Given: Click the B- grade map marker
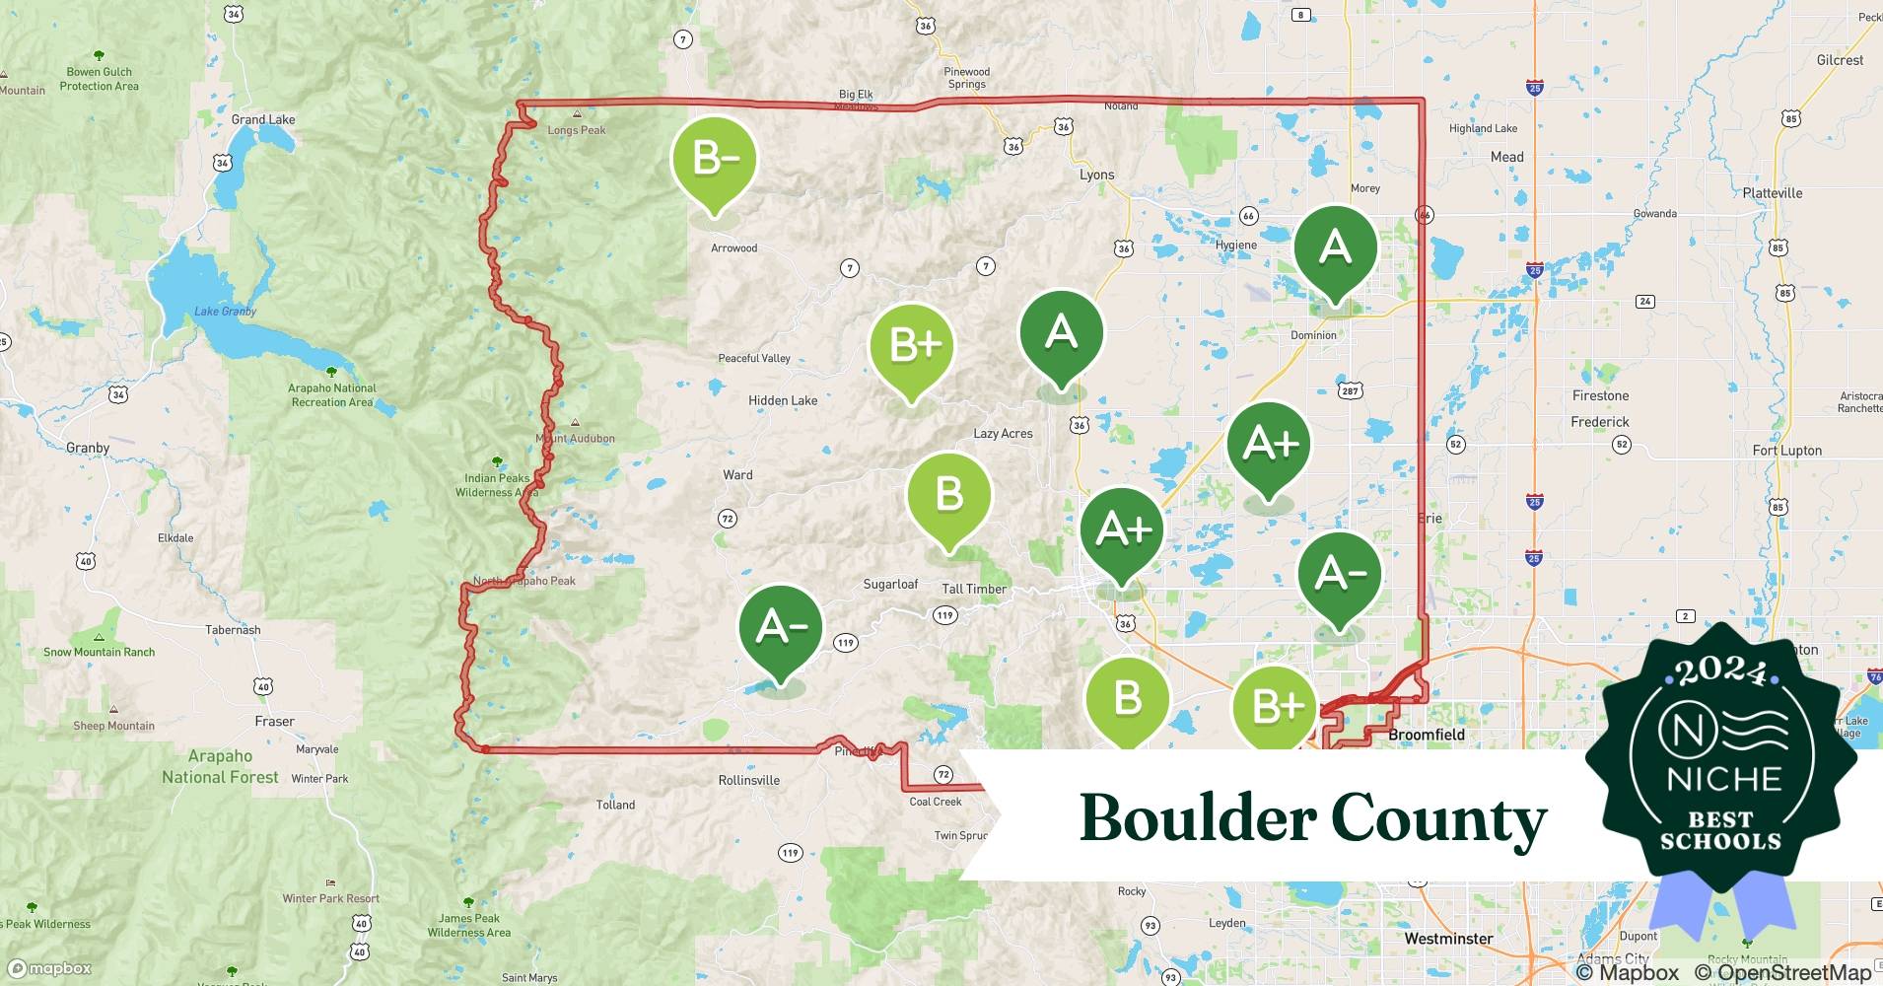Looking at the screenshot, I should click(714, 161).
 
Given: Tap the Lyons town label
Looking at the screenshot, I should click(1096, 175).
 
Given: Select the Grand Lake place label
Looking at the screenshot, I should click(263, 119).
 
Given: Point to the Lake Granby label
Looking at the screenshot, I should click(225, 312).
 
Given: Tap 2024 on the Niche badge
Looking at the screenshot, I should click(1721, 672).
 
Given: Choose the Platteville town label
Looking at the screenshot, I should click(1772, 193).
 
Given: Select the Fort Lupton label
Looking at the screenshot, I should click(1786, 451).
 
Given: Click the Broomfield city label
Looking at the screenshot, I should click(1426, 735).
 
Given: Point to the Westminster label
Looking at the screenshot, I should click(1448, 939).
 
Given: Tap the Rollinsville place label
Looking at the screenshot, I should click(748, 780).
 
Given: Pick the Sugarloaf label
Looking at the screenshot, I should click(890, 584).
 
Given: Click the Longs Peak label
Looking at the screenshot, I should click(577, 130).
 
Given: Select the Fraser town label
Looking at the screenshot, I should click(274, 721).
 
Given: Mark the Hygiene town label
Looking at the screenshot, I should click(1235, 246).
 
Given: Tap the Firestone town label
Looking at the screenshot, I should click(1600, 395).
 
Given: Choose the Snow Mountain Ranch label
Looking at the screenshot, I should click(99, 652).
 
